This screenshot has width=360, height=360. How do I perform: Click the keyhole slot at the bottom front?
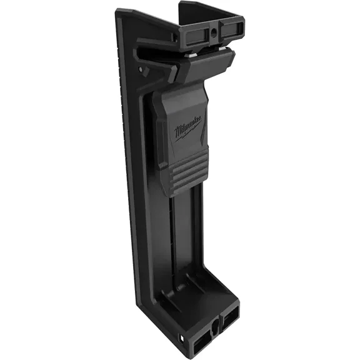[x=216, y=310]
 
